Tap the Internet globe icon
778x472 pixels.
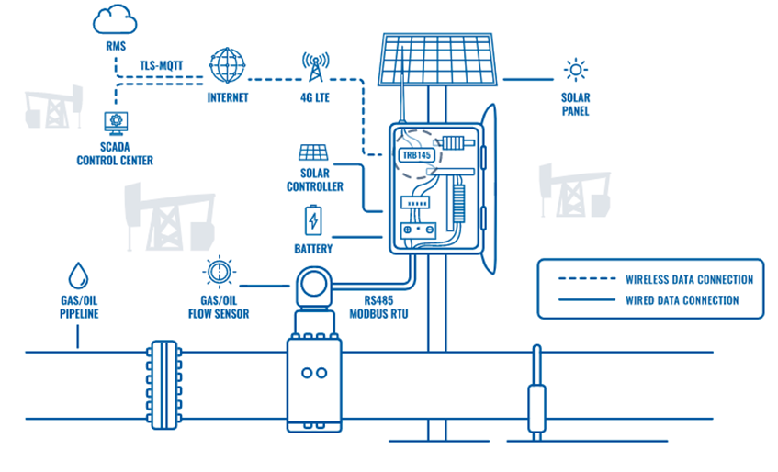point(228,65)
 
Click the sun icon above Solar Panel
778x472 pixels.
point(575,70)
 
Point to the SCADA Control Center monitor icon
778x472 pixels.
point(116,122)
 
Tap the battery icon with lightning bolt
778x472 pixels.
point(313,221)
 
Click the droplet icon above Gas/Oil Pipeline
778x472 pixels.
point(78,275)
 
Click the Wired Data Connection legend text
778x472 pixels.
point(682,300)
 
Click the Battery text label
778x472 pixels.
point(313,249)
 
